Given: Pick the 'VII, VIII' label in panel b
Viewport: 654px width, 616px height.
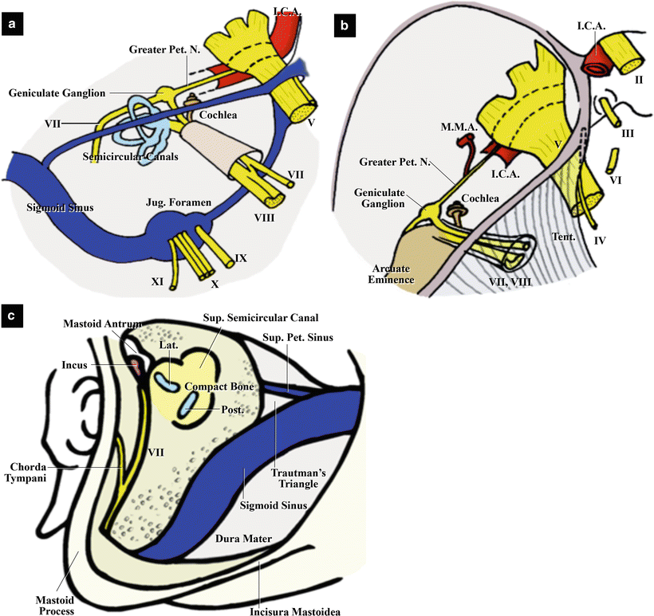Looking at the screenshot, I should click(518, 281).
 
